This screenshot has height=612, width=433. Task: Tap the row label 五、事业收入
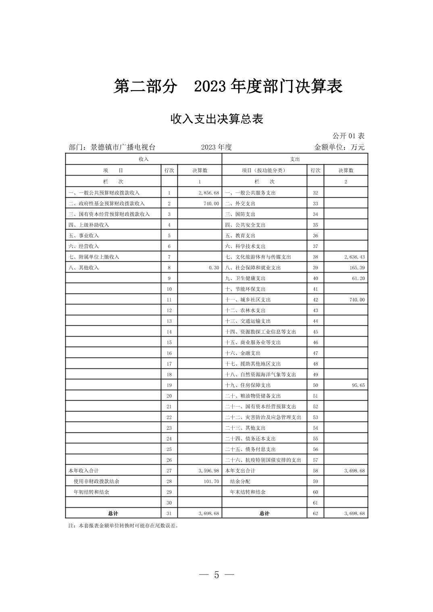point(84,236)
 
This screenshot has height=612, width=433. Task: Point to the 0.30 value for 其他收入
point(214,268)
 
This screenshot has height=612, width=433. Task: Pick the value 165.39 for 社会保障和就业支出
point(358,268)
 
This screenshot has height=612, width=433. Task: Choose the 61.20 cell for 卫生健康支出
point(358,278)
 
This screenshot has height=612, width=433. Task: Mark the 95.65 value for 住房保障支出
point(358,385)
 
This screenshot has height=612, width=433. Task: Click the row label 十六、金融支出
point(243,353)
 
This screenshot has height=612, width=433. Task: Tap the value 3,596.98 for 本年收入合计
point(208,471)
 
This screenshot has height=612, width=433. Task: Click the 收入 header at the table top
point(144,159)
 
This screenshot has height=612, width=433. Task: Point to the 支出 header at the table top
point(295,159)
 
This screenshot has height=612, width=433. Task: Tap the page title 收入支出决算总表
point(216,119)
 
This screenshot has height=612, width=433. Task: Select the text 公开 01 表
point(348,136)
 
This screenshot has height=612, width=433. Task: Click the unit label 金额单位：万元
point(339,147)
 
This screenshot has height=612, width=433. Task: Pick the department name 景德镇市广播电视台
point(123,147)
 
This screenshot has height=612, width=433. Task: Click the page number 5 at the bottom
point(216,575)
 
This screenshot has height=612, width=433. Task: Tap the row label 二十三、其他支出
point(245,428)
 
